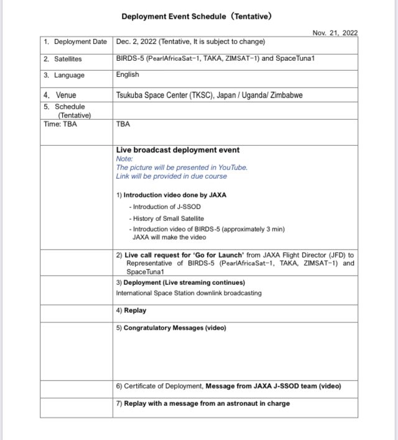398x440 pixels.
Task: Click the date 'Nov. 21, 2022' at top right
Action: click(x=335, y=33)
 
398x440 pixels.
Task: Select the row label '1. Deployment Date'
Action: click(x=75, y=42)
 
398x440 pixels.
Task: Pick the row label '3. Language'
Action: click(x=64, y=76)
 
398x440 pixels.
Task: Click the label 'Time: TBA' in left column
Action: click(x=61, y=123)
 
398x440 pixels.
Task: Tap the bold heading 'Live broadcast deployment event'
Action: click(x=177, y=150)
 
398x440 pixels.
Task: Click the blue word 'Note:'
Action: click(x=124, y=159)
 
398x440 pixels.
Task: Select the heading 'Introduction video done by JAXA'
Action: click(x=175, y=195)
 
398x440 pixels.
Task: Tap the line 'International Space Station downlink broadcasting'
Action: click(x=188, y=293)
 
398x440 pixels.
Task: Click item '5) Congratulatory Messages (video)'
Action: click(x=171, y=328)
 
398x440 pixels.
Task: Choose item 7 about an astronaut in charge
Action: click(x=203, y=403)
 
